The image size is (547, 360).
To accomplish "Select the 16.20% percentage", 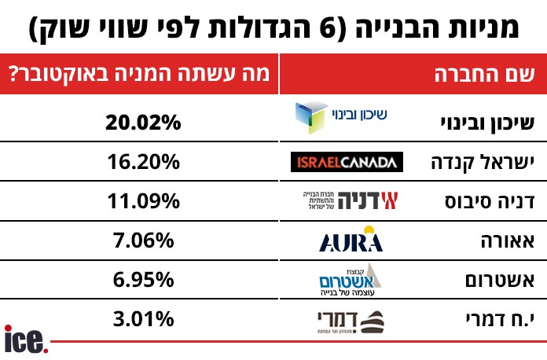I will (144, 162).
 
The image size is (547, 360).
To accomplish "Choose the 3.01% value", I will (144, 320).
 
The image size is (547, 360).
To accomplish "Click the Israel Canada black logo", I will (347, 162).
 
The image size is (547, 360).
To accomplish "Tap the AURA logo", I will (351, 239).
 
